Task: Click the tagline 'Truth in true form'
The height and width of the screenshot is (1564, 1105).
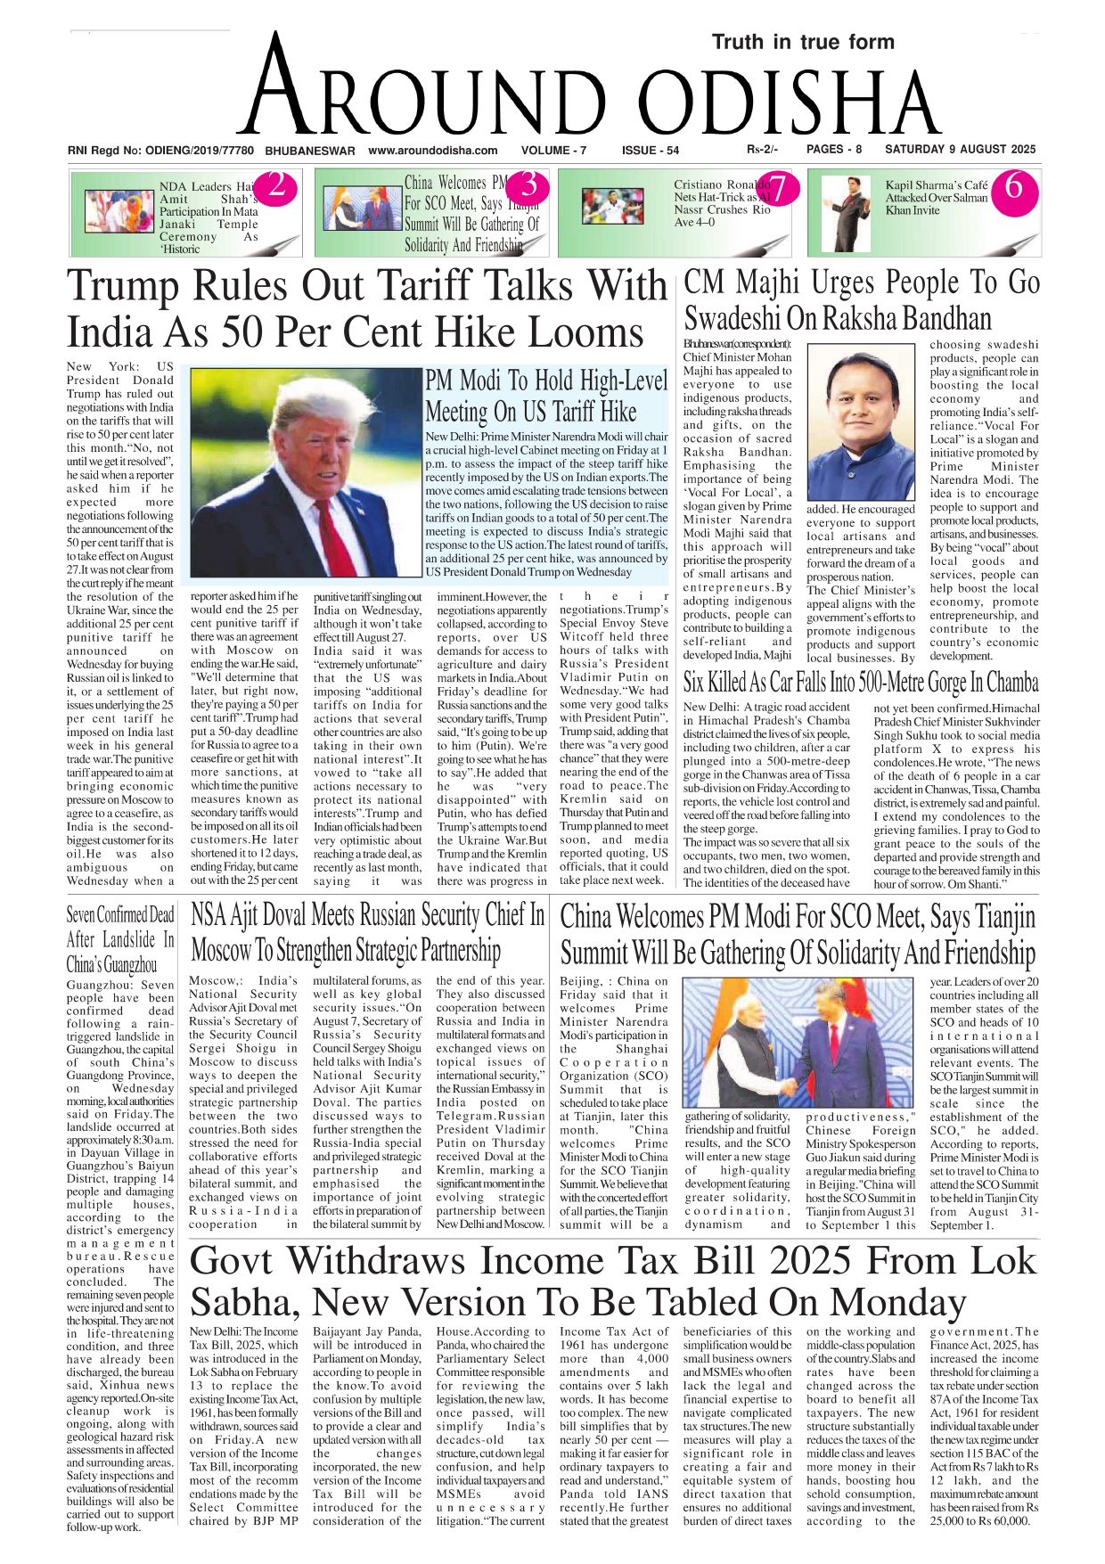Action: pyautogui.click(x=803, y=42)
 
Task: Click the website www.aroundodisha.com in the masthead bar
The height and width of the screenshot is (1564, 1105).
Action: pyautogui.click(x=433, y=151)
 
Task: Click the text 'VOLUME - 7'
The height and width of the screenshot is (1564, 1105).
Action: pyautogui.click(x=553, y=151)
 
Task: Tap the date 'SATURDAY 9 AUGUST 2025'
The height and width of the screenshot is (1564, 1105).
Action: pyautogui.click(x=960, y=150)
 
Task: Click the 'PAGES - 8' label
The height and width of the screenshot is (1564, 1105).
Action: pyautogui.click(x=834, y=150)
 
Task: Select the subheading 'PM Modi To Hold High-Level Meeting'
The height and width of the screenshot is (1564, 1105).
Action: pyautogui.click(x=545, y=396)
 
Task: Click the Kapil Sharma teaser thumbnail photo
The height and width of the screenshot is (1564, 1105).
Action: pyautogui.click(x=844, y=212)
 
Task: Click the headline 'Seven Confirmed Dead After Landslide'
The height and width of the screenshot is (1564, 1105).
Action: pyautogui.click(x=120, y=939)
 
